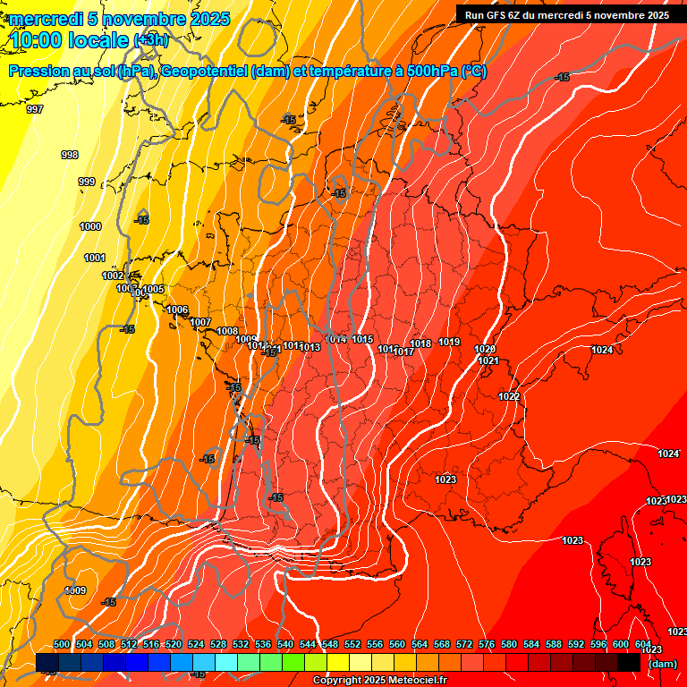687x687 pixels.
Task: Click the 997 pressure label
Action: click(x=35, y=109)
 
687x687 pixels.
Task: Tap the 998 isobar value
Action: click(x=70, y=155)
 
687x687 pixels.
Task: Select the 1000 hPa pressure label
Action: click(x=90, y=226)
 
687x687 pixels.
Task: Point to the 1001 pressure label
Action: click(x=95, y=258)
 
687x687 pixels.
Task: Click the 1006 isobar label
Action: click(x=177, y=310)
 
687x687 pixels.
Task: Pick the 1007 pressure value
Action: click(x=200, y=322)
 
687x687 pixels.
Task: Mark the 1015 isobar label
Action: click(x=362, y=339)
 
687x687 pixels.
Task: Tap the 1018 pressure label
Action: click(x=421, y=343)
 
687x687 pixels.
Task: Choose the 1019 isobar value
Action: click(x=449, y=342)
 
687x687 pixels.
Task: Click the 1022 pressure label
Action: click(x=510, y=395)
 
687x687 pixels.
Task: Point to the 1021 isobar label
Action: click(x=488, y=360)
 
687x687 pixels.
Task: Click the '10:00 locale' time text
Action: click(x=71, y=39)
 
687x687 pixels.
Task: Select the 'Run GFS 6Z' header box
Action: click(x=567, y=14)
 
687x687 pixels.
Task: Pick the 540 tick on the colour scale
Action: click(x=286, y=644)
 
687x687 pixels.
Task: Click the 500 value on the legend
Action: click(x=62, y=644)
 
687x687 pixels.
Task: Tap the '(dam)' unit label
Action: click(x=663, y=663)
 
